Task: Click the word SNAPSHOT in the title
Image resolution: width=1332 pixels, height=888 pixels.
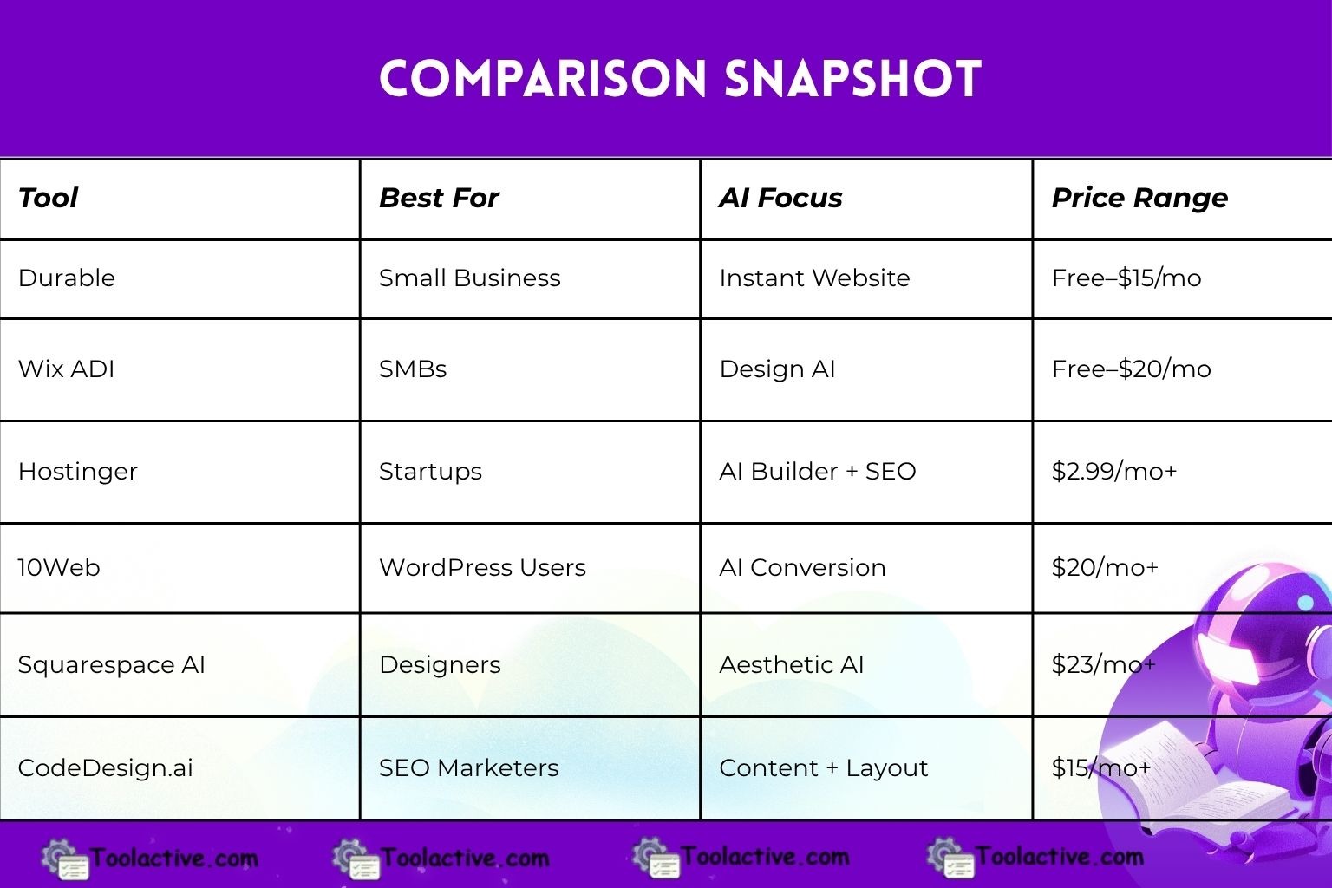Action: (852, 79)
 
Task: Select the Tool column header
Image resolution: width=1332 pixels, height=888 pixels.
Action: (48, 198)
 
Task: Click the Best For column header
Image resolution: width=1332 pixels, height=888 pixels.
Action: (439, 198)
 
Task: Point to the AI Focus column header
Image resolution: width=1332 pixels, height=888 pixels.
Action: (780, 198)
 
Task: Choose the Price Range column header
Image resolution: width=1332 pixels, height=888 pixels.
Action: (1139, 198)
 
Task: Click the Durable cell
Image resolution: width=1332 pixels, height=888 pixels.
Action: (67, 278)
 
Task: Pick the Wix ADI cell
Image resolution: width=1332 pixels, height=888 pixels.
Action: (67, 369)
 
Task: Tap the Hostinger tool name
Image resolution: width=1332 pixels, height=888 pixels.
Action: (78, 472)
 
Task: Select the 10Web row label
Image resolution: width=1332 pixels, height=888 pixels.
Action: (59, 568)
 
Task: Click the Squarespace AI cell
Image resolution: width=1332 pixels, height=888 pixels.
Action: (111, 665)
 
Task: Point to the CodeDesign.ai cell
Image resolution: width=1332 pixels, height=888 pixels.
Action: (105, 768)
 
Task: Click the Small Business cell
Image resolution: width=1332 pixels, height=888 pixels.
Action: (469, 278)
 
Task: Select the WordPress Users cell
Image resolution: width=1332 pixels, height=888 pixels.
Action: (482, 568)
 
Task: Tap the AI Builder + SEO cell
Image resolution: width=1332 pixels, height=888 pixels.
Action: (817, 472)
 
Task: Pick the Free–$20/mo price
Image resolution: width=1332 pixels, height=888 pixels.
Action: (1131, 369)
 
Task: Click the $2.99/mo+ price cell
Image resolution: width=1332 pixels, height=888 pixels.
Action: (1114, 472)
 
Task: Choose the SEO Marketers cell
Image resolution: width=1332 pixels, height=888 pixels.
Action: (468, 768)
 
